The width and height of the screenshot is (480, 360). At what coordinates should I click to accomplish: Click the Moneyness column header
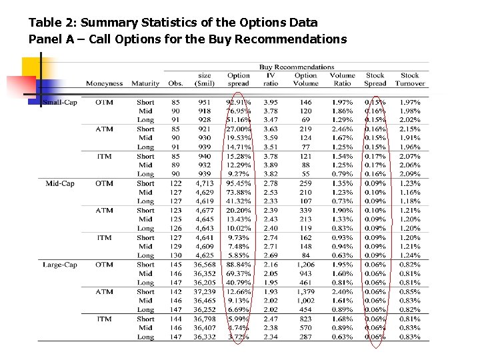[104, 84]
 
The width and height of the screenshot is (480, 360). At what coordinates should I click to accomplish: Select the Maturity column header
[145, 84]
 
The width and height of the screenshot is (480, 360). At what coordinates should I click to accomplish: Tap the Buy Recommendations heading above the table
[297, 67]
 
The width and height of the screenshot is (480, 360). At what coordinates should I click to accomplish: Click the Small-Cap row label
[60, 103]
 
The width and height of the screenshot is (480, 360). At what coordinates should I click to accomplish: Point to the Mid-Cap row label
[60, 183]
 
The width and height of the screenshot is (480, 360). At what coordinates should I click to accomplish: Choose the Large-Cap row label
[59, 265]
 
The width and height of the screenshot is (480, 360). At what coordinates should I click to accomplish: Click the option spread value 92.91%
[239, 103]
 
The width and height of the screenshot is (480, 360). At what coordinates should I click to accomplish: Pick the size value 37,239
[203, 292]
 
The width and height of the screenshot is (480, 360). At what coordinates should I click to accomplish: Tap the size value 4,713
[204, 183]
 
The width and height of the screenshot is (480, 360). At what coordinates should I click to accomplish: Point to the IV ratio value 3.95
[271, 103]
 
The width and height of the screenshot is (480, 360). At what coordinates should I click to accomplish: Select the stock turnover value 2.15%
[409, 129]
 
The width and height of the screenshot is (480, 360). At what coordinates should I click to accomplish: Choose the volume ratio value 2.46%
[342, 129]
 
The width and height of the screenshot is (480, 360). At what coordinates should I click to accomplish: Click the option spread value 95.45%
[239, 183]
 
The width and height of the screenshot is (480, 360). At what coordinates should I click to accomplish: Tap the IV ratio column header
[271, 80]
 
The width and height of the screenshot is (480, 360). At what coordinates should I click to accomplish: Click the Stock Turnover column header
[409, 80]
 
